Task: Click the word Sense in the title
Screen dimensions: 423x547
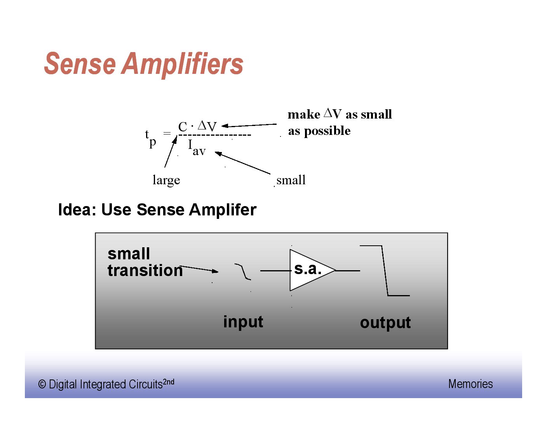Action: (80, 64)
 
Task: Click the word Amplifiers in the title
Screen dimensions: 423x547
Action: (183, 64)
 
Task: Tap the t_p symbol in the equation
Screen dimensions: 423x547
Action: (150, 138)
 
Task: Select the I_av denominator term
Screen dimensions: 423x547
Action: (197, 148)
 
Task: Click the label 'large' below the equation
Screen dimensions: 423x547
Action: (166, 180)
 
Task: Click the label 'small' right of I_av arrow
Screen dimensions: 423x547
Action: (291, 180)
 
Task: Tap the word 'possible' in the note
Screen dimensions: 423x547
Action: (327, 131)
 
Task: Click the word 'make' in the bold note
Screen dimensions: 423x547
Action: (304, 115)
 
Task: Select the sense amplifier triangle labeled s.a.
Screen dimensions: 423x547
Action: (309, 270)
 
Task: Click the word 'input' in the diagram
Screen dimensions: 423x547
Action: (243, 322)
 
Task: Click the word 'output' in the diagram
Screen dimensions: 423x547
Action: (385, 323)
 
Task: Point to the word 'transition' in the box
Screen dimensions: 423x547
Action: (145, 270)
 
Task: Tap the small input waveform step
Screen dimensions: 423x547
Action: (243, 271)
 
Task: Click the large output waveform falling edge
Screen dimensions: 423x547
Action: (385, 271)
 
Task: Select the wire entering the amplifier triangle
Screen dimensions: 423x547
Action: (275, 270)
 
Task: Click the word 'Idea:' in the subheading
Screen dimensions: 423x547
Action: (77, 210)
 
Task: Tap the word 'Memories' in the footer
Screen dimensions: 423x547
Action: (470, 384)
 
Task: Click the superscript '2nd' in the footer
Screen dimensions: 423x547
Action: (169, 381)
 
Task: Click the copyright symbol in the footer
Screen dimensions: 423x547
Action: (42, 385)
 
